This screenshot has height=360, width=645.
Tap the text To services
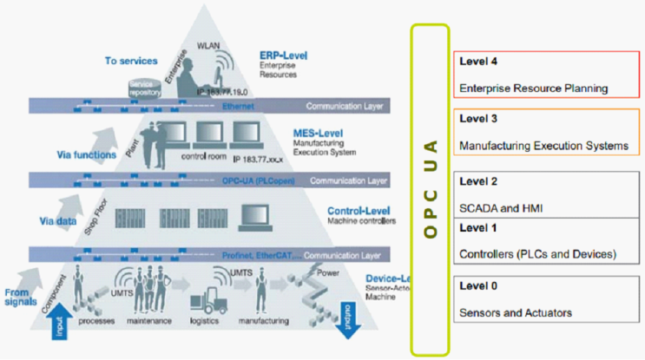coord(131,62)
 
